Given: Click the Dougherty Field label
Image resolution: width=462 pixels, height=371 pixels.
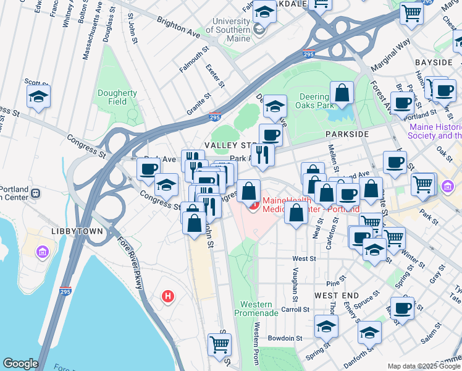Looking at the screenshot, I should pyautogui.click(x=117, y=97).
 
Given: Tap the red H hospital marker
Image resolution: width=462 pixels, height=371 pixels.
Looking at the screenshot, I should pyautogui.click(x=167, y=297).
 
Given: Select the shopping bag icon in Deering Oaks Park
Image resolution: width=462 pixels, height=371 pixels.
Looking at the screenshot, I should pyautogui.click(x=341, y=93).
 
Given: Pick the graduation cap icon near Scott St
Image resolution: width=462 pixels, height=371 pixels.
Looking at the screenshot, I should pyautogui.click(x=38, y=96).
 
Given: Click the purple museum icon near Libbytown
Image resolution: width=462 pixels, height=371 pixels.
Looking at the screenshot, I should pyautogui.click(x=42, y=252).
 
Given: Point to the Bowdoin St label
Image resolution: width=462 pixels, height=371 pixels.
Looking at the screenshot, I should pyautogui.click(x=285, y=338).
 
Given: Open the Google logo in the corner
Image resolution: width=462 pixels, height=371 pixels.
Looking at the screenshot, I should pyautogui.click(x=20, y=363).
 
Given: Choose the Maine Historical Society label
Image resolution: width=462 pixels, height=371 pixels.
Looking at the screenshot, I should pyautogui.click(x=435, y=131).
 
